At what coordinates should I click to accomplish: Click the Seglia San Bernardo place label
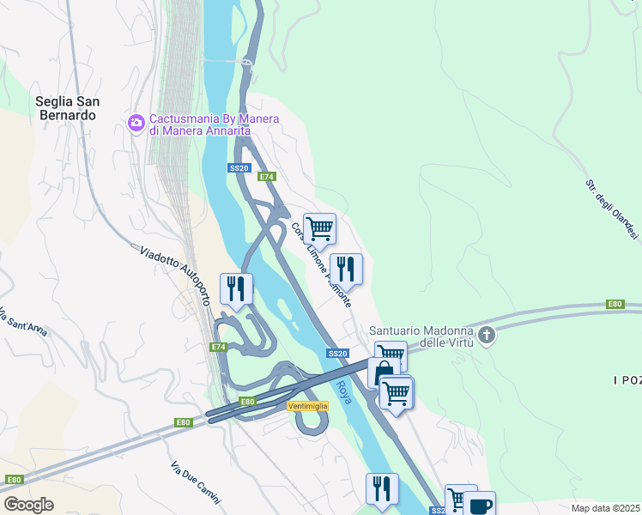tap(68, 107)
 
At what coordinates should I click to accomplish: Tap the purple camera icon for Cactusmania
tap(136, 123)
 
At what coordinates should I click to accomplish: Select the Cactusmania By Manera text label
tap(199, 124)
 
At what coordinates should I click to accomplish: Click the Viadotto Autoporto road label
tap(175, 275)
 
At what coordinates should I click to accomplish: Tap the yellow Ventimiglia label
tap(307, 405)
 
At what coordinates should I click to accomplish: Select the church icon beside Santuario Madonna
tap(487, 335)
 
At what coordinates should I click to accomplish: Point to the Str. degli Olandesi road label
tap(613, 209)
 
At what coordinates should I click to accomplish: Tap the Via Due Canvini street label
tap(195, 483)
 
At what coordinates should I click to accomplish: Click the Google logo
tap(28, 504)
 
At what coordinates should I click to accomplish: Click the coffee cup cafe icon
tap(481, 505)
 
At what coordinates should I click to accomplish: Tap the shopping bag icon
tap(382, 373)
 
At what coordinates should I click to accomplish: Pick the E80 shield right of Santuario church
tap(615, 304)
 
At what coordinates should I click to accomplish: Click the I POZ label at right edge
tap(627, 379)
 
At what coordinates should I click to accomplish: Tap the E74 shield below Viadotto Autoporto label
tap(218, 347)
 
